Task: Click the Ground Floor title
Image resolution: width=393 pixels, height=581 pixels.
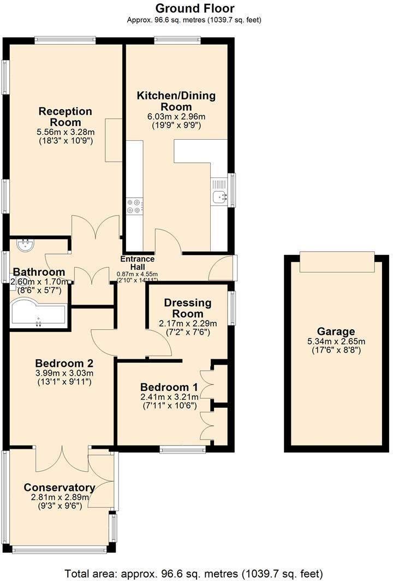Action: (x=195, y=8)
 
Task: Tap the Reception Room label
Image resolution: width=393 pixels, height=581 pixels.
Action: (x=65, y=116)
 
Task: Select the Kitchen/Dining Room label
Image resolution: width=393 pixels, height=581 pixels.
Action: (x=176, y=101)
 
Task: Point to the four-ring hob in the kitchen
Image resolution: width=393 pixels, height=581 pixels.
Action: (x=135, y=205)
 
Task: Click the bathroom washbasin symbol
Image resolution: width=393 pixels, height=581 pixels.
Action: (x=25, y=245)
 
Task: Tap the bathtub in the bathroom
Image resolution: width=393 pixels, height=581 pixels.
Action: (x=37, y=315)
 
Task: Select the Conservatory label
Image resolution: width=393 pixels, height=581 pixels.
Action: (x=59, y=488)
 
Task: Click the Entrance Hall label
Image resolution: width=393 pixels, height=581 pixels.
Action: (x=138, y=263)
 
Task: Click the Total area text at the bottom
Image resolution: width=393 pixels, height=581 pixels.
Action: (x=194, y=573)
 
